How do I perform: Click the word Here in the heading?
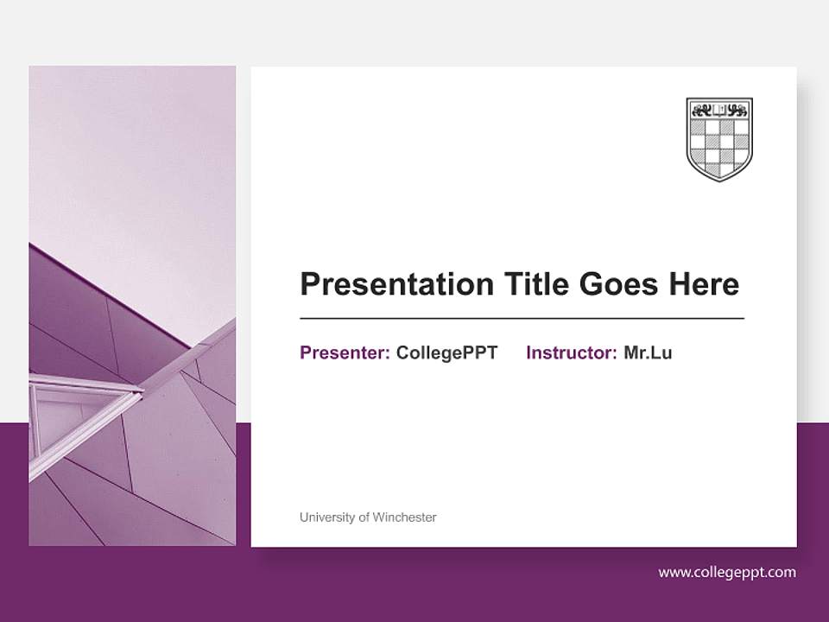click(703, 284)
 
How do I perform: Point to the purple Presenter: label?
click(345, 352)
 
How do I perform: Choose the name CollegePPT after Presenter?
click(446, 352)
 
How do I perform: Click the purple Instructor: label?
click(571, 352)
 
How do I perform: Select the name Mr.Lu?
click(648, 352)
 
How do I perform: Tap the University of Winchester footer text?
click(368, 517)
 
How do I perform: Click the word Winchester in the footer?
click(404, 517)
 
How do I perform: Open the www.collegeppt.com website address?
click(727, 572)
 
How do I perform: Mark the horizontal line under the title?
click(522, 319)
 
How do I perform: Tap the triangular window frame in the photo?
click(78, 415)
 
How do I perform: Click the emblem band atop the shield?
click(719, 110)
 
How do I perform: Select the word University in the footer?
click(326, 517)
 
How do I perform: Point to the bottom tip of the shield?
click(719, 181)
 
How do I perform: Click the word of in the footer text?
click(364, 517)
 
